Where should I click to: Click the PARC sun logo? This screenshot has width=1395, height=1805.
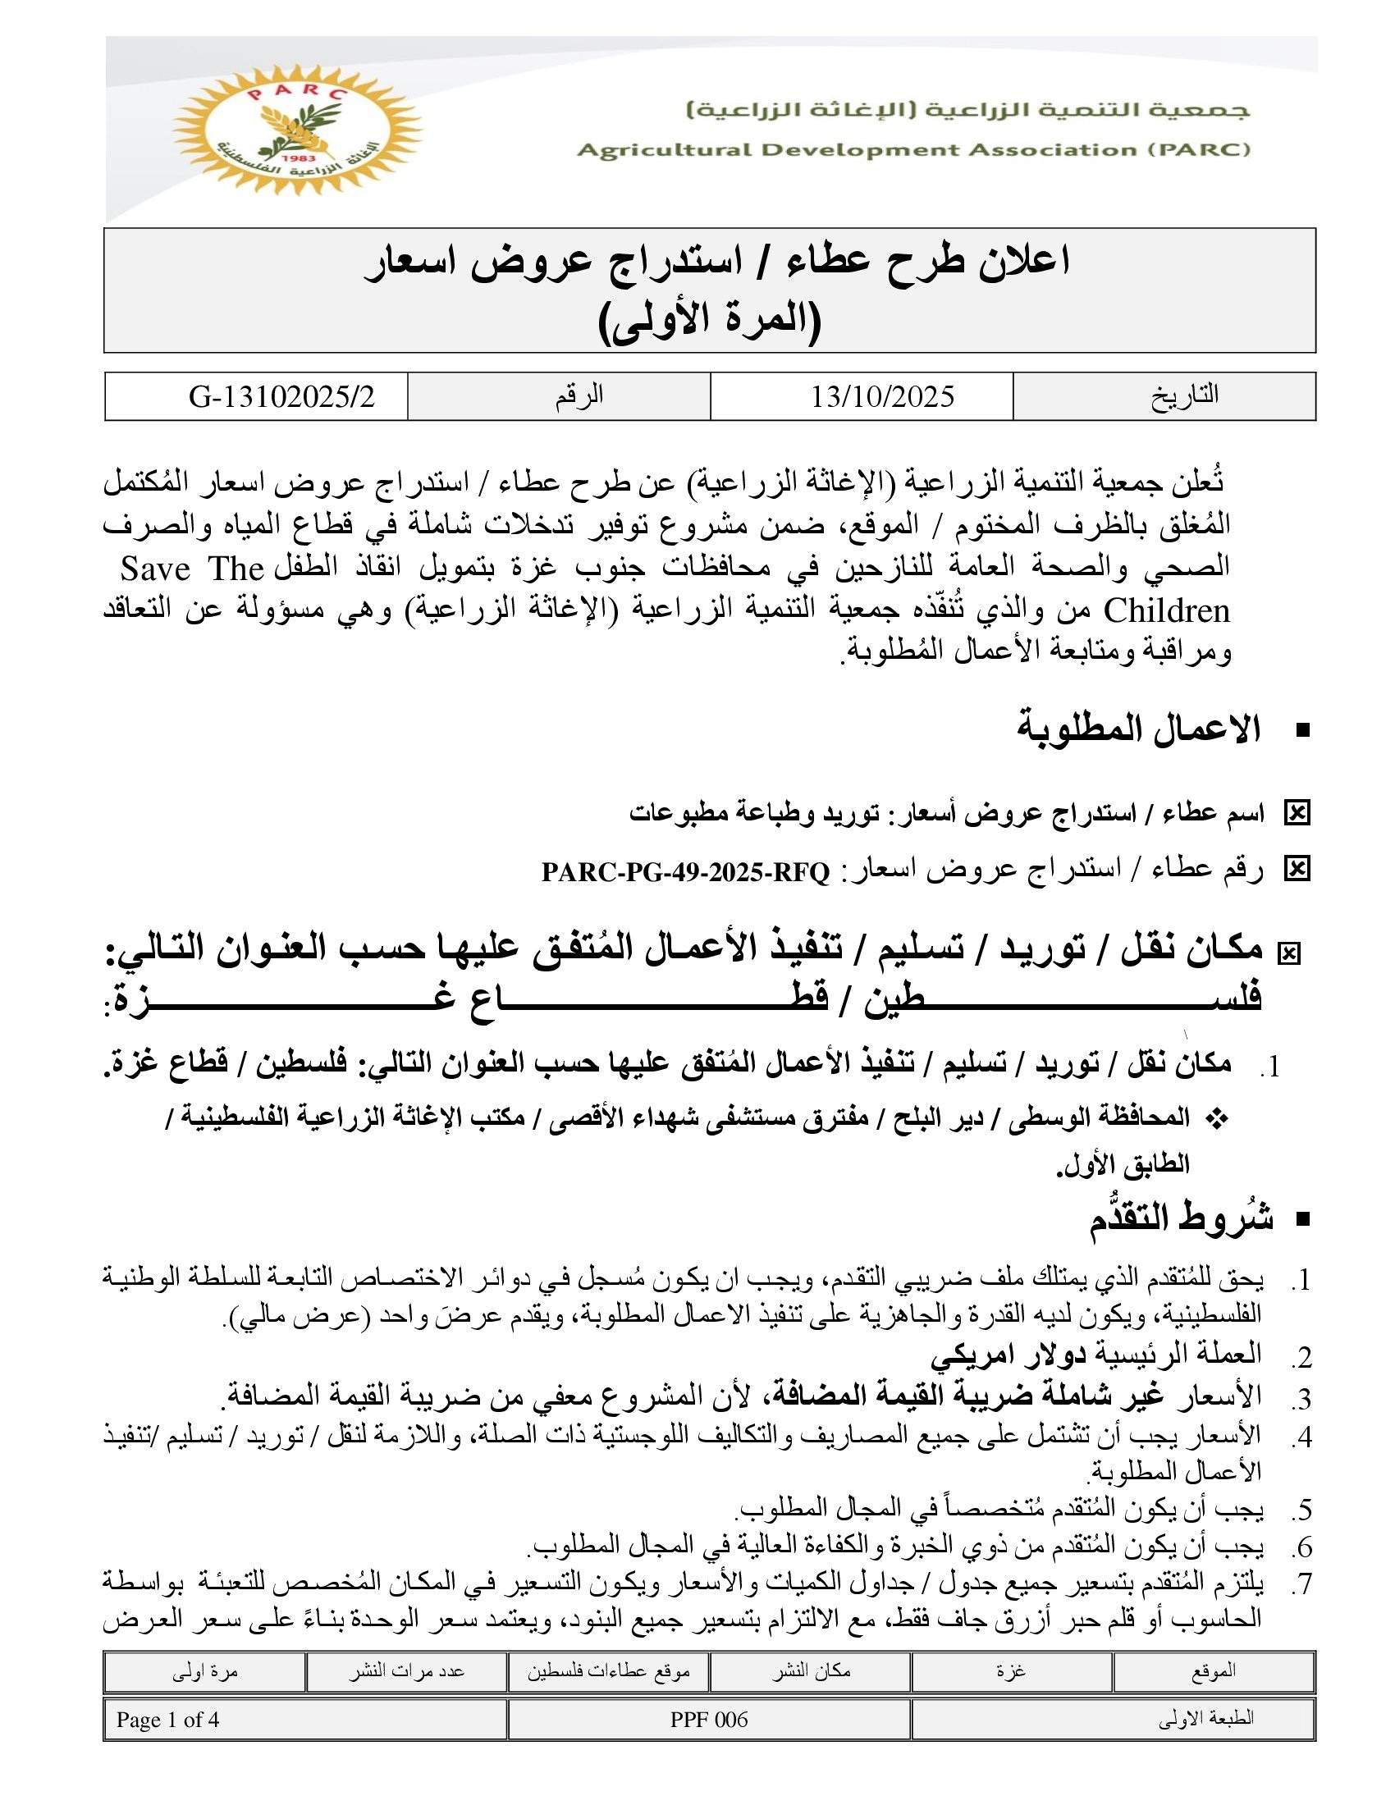(x=297, y=130)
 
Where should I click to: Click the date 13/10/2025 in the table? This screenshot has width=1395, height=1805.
(x=882, y=397)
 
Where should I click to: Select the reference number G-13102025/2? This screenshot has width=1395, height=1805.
(x=281, y=397)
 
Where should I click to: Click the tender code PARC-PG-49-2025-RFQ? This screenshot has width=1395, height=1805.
(x=685, y=872)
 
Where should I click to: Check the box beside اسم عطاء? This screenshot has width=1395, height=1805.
(x=1297, y=814)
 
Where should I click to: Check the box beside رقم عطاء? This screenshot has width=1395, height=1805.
(x=1297, y=870)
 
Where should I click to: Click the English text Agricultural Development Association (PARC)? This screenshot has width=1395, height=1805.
(x=913, y=150)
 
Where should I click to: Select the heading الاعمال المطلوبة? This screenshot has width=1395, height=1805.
(x=1138, y=729)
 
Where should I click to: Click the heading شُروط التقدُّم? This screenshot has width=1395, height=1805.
(x=1181, y=1218)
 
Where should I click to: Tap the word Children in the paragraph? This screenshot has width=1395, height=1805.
(x=1167, y=610)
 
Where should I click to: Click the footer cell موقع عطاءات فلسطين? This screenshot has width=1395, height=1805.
(x=608, y=1671)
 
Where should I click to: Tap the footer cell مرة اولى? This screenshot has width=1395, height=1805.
(x=204, y=1671)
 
